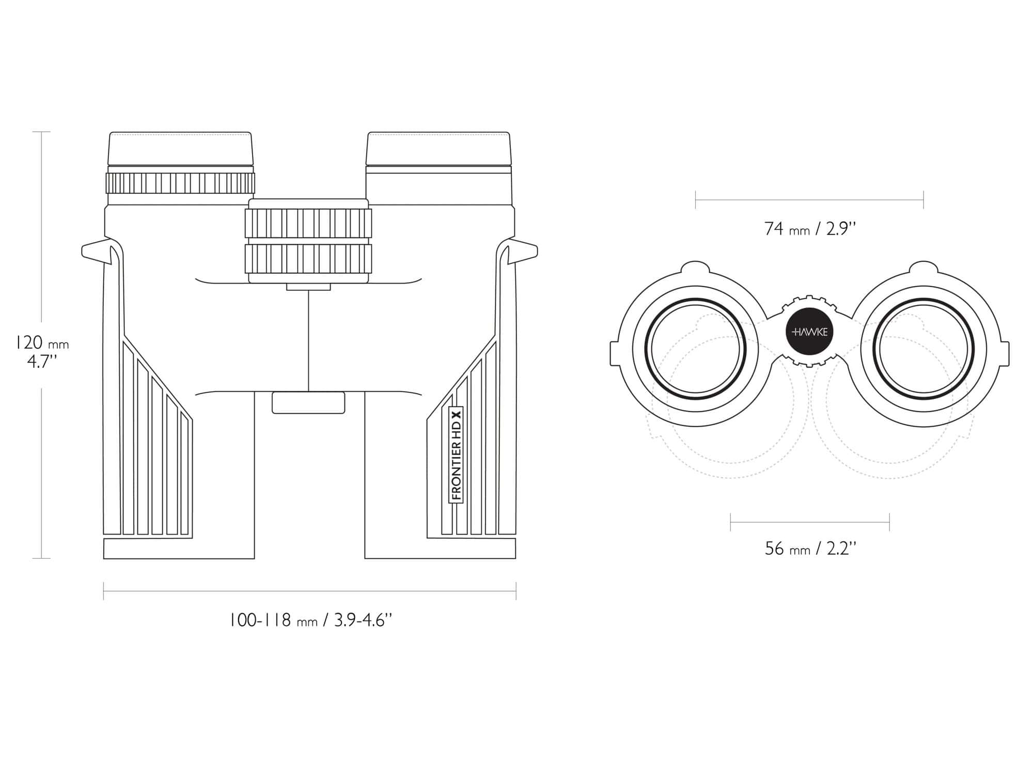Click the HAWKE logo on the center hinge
click(809, 332)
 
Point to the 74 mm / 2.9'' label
click(810, 228)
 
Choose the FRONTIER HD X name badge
click(456, 455)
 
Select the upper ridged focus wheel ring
click(308, 223)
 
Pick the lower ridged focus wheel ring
click(308, 258)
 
